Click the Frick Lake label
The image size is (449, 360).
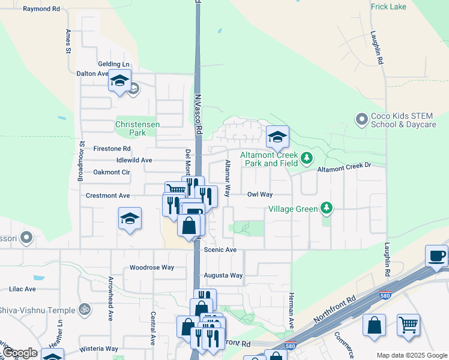pyautogui.click(x=389, y=7)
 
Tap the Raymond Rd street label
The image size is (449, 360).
pyautogui.click(x=41, y=10)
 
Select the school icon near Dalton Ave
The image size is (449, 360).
pyautogui.click(x=119, y=80)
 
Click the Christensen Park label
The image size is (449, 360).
pyautogui.click(x=137, y=128)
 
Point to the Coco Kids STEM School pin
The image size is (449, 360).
pyautogui.click(x=361, y=120)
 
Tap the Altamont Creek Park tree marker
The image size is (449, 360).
pyautogui.click(x=307, y=158)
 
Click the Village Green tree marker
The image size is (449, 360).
pyautogui.click(x=326, y=208)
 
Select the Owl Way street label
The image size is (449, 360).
pyautogui.click(x=260, y=194)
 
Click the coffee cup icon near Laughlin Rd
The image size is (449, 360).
pyautogui.click(x=436, y=256)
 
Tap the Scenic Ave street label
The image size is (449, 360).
pyautogui.click(x=220, y=250)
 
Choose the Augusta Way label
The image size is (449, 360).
pyautogui.click(x=223, y=275)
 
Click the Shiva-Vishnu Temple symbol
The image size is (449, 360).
pyautogui.click(x=85, y=310)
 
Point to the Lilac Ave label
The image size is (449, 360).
pyautogui.click(x=22, y=289)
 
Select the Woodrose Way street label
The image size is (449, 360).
pyautogui.click(x=152, y=268)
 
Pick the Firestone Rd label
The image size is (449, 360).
pyautogui.click(x=112, y=148)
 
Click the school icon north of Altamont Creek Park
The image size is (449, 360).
pyautogui.click(x=277, y=137)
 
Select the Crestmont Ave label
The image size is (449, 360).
pyautogui.click(x=108, y=196)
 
